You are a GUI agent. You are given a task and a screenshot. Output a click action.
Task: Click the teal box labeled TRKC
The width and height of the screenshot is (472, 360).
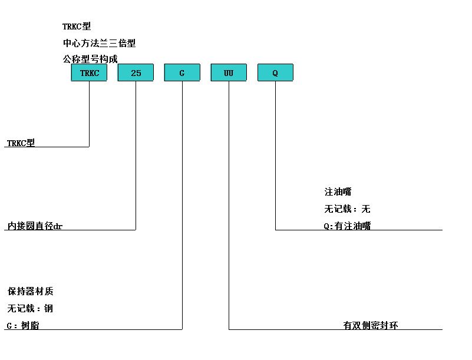click(89, 72)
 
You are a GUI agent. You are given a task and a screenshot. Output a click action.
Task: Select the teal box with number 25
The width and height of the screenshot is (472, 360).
click(136, 72)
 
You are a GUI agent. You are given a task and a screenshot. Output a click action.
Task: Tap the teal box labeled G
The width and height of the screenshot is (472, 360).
click(182, 72)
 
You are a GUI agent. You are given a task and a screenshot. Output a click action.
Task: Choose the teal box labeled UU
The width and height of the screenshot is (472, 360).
click(229, 72)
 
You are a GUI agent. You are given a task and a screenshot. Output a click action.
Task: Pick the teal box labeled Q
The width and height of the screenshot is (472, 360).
click(275, 72)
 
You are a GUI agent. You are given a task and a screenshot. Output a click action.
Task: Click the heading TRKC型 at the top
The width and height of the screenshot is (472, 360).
click(77, 27)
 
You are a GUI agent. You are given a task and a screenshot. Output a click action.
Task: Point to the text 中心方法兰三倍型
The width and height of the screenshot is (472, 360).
click(100, 43)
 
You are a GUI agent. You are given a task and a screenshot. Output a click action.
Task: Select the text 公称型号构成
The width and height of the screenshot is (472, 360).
click(90, 59)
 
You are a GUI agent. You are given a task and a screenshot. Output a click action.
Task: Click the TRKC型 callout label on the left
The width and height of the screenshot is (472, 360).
click(21, 143)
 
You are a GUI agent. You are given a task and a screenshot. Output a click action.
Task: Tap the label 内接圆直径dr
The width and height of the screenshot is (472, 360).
click(35, 226)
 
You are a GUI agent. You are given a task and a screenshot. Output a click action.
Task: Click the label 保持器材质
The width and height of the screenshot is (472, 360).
click(31, 291)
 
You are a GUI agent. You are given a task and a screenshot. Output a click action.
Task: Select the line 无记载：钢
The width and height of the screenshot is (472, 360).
click(30, 308)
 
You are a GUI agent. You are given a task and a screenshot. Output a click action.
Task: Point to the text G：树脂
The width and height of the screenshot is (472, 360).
click(23, 325)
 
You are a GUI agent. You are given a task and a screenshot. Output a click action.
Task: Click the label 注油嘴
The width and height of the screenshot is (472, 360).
click(338, 191)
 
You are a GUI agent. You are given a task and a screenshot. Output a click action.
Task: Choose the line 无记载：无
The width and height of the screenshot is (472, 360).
click(347, 209)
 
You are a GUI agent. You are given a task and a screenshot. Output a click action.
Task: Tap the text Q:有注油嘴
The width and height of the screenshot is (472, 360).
click(348, 226)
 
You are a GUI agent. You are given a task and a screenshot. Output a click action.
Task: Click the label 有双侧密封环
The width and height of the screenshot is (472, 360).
click(371, 325)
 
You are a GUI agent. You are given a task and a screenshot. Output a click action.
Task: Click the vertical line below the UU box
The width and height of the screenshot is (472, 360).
click(229, 205)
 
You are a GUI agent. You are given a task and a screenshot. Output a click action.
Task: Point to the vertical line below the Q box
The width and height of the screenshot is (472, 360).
click(275, 156)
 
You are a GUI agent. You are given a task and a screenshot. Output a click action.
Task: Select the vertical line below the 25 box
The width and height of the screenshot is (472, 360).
click(136, 156)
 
